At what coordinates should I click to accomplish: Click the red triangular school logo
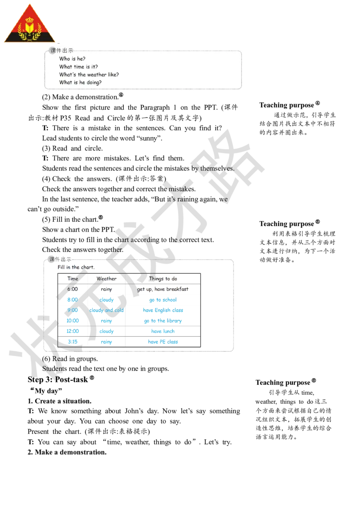(x=29, y=25)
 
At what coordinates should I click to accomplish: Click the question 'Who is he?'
(x=72, y=58)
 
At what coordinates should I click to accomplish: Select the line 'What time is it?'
(x=78, y=67)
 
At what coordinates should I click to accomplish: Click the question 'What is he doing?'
(x=80, y=83)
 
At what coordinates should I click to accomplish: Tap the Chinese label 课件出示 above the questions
(x=61, y=51)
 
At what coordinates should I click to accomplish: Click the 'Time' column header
(x=72, y=279)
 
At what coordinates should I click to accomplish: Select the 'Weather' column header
(x=107, y=279)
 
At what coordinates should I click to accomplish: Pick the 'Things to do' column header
(x=163, y=279)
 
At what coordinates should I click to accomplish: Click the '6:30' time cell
(x=72, y=289)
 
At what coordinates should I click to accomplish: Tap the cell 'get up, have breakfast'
(x=163, y=289)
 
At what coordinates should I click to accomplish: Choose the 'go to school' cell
(x=163, y=300)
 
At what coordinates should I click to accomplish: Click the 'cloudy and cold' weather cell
(x=107, y=310)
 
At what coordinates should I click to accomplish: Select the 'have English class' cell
(x=163, y=310)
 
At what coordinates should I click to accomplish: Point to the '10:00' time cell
(x=72, y=321)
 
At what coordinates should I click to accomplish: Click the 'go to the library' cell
(x=163, y=321)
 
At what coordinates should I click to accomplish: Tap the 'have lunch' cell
(x=163, y=331)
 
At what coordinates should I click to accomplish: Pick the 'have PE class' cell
(x=163, y=342)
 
